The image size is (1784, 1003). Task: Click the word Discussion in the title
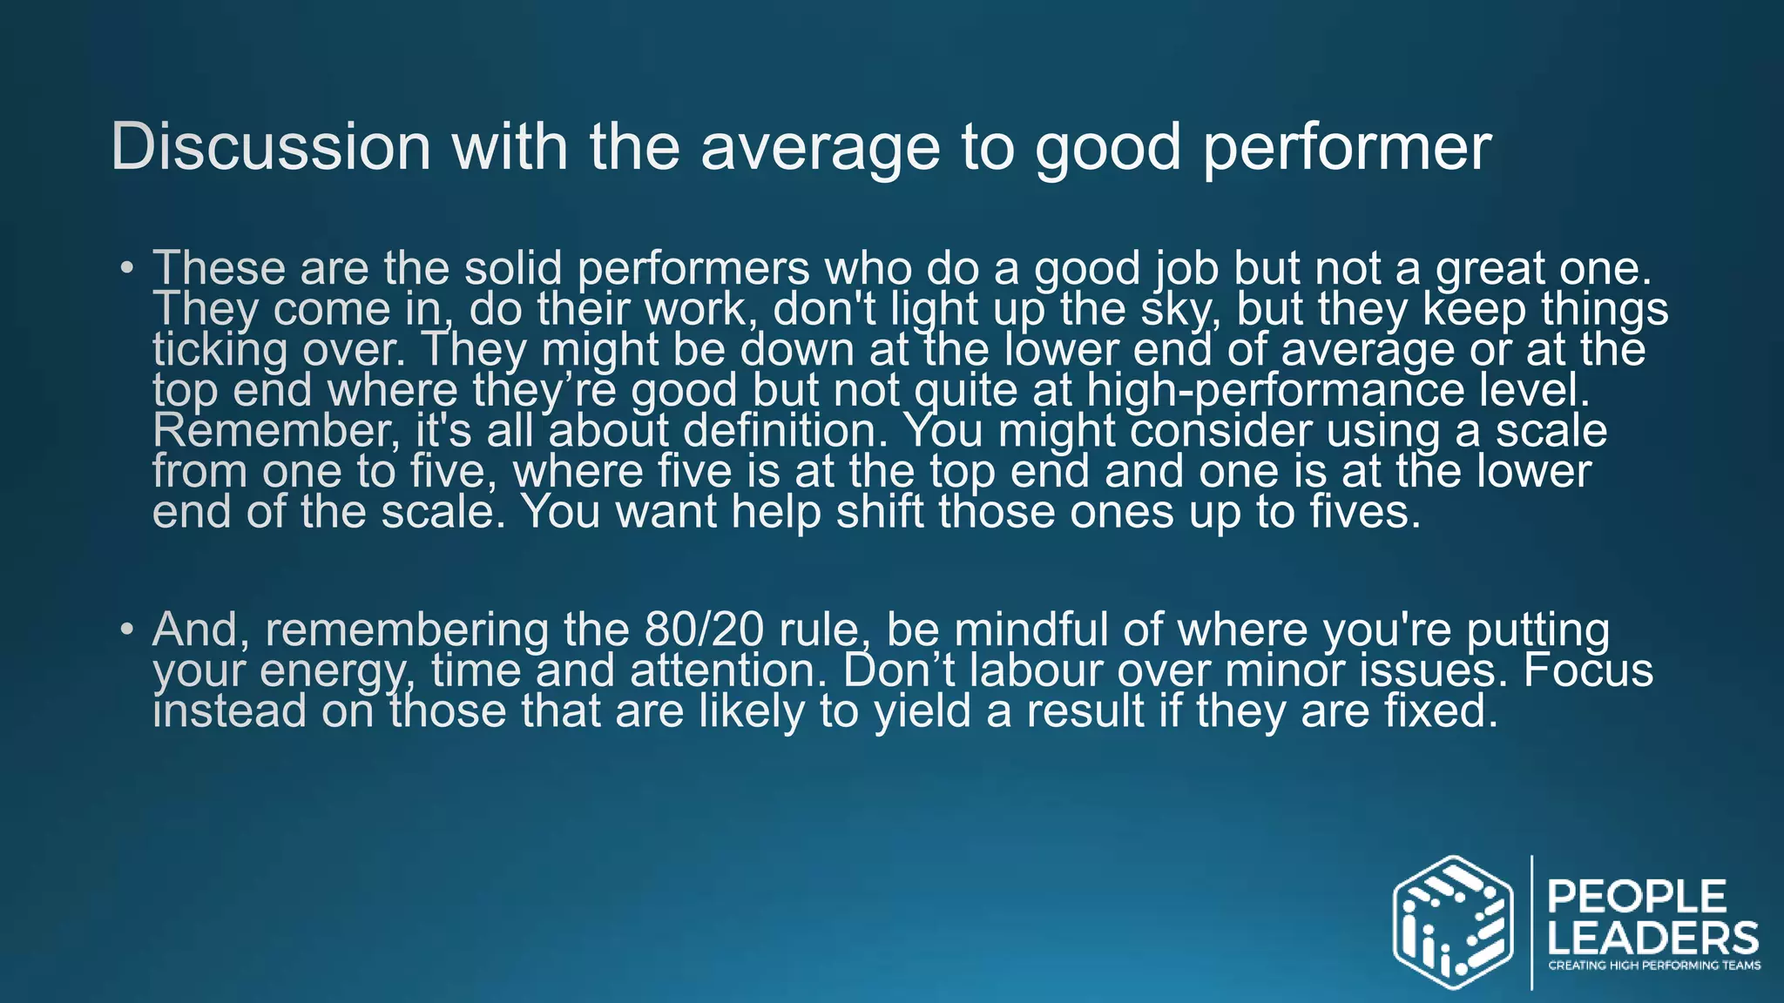[x=271, y=146]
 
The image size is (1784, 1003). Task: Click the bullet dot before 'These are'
[x=127, y=267]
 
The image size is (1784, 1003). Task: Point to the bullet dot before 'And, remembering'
[x=127, y=629]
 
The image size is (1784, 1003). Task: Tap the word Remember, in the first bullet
[x=276, y=431]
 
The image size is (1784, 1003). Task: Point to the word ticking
[x=220, y=350]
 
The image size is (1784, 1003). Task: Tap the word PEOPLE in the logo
[x=1637, y=897]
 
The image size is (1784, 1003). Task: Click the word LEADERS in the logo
[x=1652, y=938]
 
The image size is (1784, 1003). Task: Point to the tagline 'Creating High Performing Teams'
[x=1653, y=966]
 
